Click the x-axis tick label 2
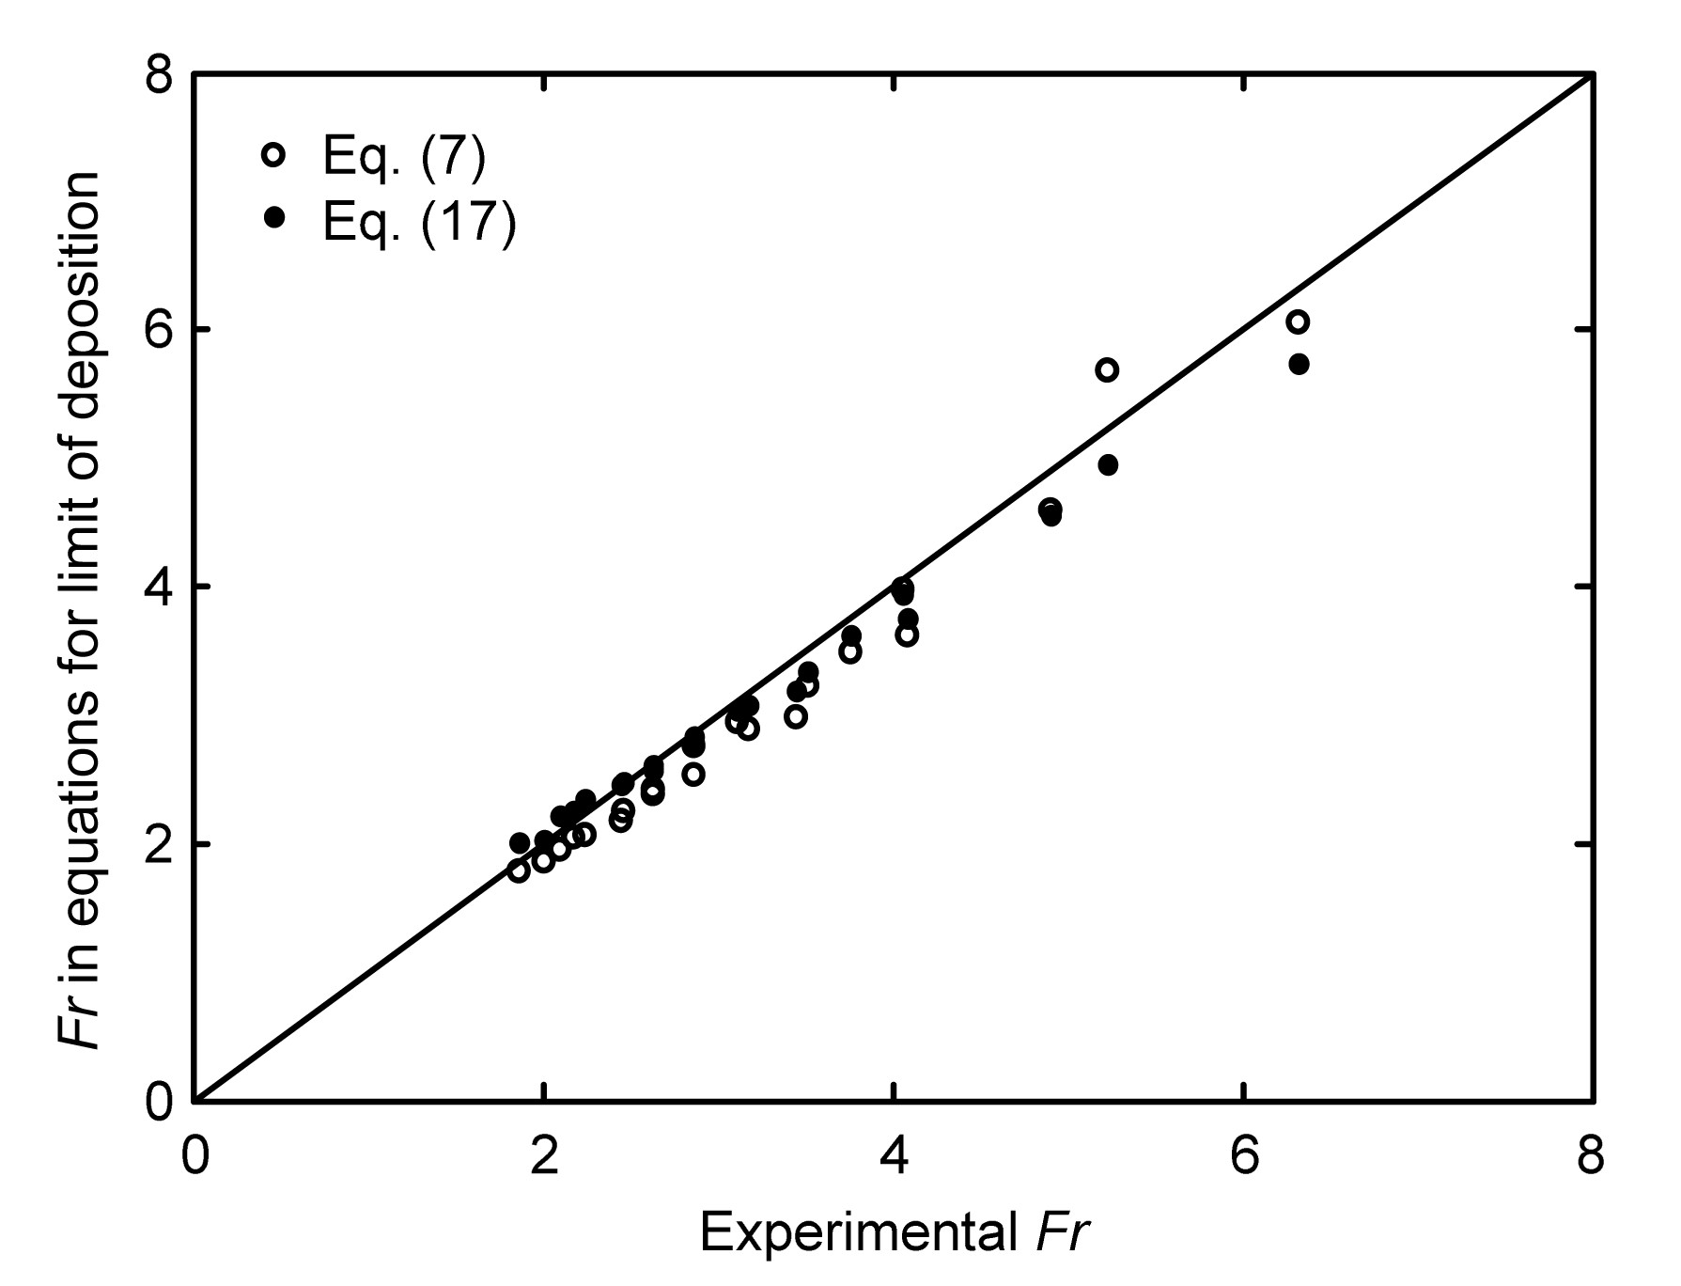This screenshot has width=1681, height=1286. point(543,1157)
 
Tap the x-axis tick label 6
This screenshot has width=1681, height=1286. point(1244,1157)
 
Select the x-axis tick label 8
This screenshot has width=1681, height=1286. point(1590,1157)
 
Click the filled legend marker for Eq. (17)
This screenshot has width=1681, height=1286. point(273,218)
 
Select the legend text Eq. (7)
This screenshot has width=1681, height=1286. point(404,157)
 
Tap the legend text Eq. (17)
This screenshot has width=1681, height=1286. point(419,222)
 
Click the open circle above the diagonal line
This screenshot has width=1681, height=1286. point(1107,369)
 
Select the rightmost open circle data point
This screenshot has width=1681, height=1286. point(1298,322)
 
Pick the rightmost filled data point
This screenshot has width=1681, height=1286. point(1299,364)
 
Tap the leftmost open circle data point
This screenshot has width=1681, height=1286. point(518,870)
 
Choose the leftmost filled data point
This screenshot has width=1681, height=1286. point(519,842)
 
